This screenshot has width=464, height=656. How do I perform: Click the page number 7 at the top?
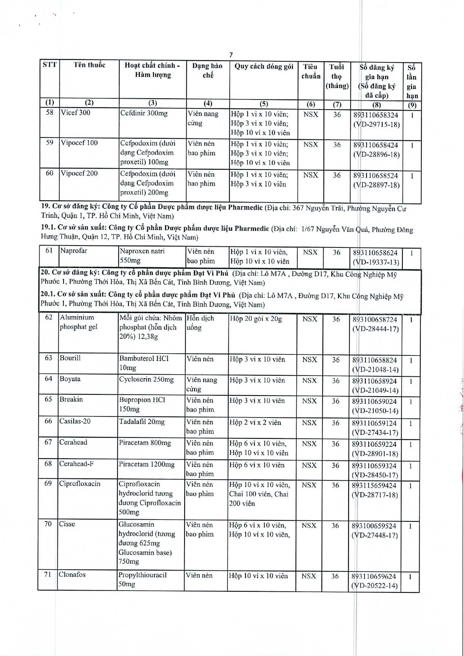point(231,55)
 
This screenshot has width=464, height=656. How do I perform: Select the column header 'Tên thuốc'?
point(89,65)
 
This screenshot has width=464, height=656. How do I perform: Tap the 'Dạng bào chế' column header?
point(207,70)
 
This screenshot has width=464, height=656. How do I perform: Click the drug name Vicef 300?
point(75,113)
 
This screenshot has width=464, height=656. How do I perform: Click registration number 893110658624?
point(375,253)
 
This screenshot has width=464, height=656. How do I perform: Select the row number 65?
point(49,399)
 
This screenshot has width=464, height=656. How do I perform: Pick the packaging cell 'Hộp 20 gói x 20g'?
point(256,319)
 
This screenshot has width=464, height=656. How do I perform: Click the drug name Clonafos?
point(72,575)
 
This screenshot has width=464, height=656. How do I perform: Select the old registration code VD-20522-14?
point(375,586)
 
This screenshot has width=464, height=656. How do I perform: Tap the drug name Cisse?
point(67,524)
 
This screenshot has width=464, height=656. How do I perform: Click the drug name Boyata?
point(70,379)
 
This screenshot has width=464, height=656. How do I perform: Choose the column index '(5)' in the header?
point(263,104)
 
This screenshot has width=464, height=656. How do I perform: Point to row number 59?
point(50,142)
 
